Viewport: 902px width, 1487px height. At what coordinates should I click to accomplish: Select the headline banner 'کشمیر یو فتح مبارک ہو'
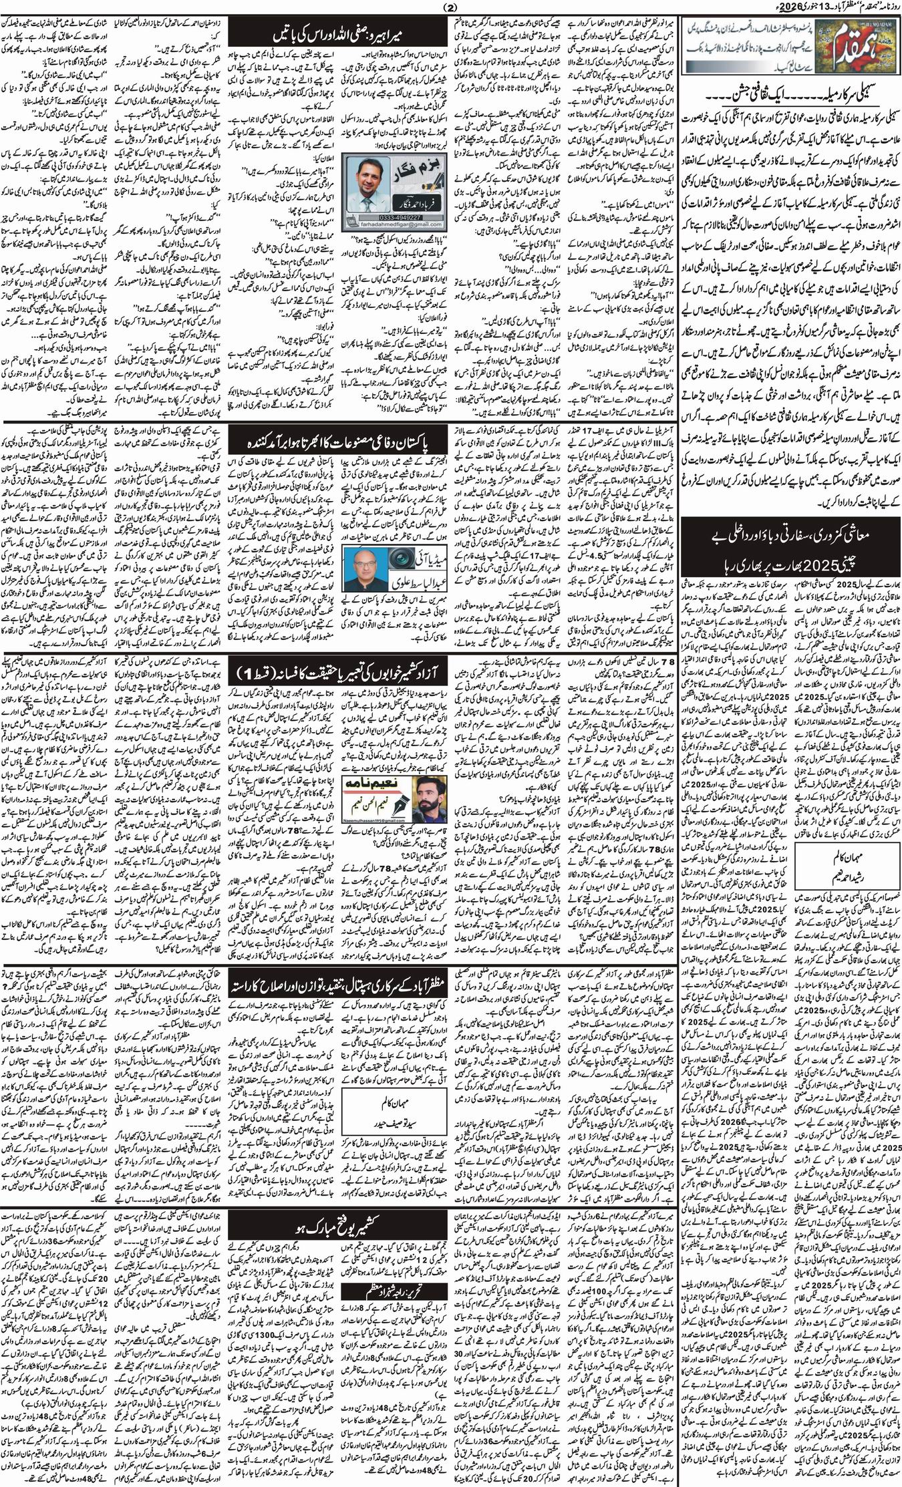[337, 1228]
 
